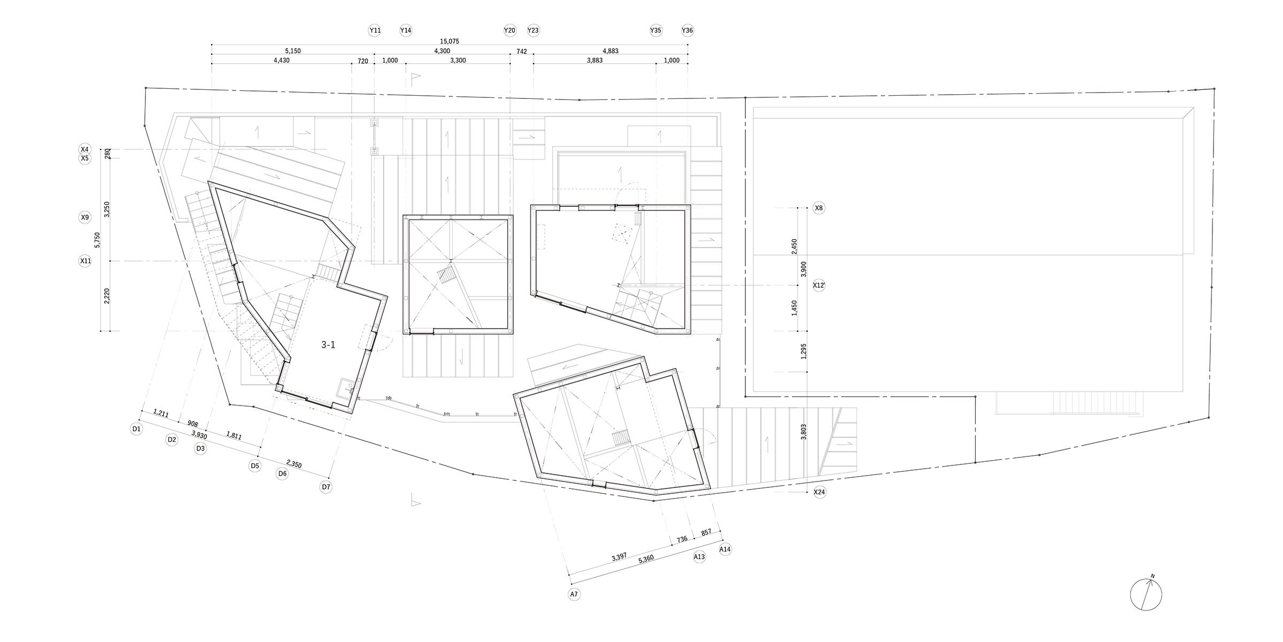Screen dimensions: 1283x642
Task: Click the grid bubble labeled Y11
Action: [x=375, y=30]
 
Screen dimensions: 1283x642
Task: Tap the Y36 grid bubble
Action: [x=687, y=30]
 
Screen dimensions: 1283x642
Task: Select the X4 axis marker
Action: [x=84, y=149]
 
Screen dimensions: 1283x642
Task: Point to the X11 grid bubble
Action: [x=85, y=261]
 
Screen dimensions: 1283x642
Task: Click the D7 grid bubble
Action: [x=326, y=487]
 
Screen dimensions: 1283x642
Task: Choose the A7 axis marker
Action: [x=574, y=594]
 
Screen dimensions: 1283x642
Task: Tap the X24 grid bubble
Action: [x=819, y=492]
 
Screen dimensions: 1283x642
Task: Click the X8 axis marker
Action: [x=819, y=208]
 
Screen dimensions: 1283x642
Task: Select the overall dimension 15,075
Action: [x=450, y=41]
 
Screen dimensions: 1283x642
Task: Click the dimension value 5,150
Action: [x=293, y=51]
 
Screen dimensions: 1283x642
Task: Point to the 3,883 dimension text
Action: [x=594, y=60]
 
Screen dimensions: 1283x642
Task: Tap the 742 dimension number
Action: [x=522, y=51]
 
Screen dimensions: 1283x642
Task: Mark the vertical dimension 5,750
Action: [x=97, y=240]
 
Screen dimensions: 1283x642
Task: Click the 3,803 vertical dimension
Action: [x=803, y=432]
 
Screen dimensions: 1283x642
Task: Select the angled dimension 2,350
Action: [x=294, y=464]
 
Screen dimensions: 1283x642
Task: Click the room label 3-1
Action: [x=328, y=345]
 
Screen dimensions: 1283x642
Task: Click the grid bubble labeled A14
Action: [x=725, y=549]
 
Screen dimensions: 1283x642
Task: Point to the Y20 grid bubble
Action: [x=509, y=30]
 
